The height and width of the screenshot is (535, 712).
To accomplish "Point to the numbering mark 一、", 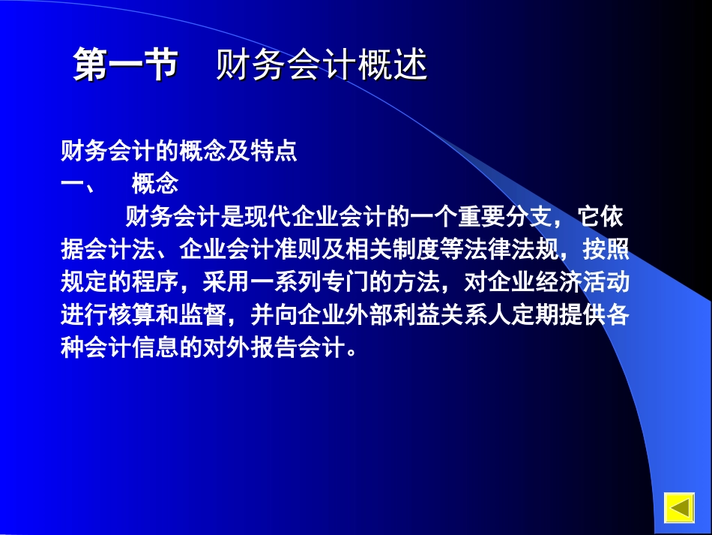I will pos(76,185).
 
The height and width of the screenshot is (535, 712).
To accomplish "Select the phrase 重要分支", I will pos(501,218).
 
